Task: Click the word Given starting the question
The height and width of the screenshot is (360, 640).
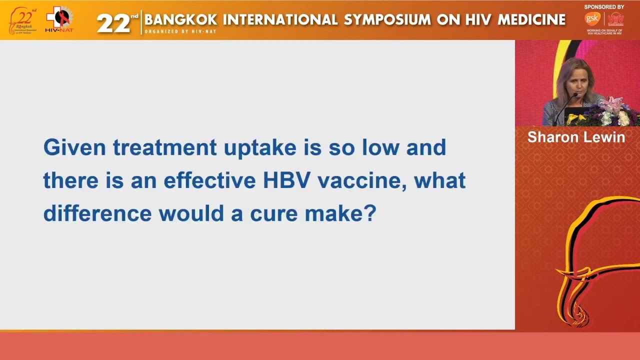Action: tap(74, 147)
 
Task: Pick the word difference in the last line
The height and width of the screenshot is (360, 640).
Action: tap(97, 213)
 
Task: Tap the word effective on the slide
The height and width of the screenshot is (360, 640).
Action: tap(209, 180)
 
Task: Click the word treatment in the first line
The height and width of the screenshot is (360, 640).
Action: tap(164, 148)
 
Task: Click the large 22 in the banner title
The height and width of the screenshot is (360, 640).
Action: tap(113, 23)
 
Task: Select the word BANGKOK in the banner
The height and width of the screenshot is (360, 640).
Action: tap(181, 20)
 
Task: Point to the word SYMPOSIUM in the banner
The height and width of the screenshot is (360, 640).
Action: tap(387, 20)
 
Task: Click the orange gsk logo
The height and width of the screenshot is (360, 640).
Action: tap(592, 19)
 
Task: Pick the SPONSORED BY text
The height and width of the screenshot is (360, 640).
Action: tap(604, 7)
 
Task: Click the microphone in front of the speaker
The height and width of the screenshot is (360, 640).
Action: tap(564, 107)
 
